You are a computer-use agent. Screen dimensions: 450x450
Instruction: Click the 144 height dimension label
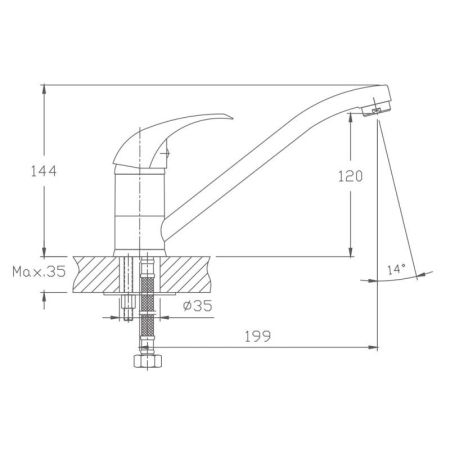coord(44,171)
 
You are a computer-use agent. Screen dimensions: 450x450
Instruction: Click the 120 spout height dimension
coord(350,176)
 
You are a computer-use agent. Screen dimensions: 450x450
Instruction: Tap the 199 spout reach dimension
coord(258,336)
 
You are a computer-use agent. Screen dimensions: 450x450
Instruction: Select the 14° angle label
coord(396,269)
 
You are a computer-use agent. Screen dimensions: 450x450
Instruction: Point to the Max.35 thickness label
coord(39,272)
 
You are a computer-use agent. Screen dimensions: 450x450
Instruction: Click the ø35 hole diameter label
coord(197,305)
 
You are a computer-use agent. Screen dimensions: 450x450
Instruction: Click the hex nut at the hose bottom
coord(148,361)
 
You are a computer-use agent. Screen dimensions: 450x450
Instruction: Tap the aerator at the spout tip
coord(377,109)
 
